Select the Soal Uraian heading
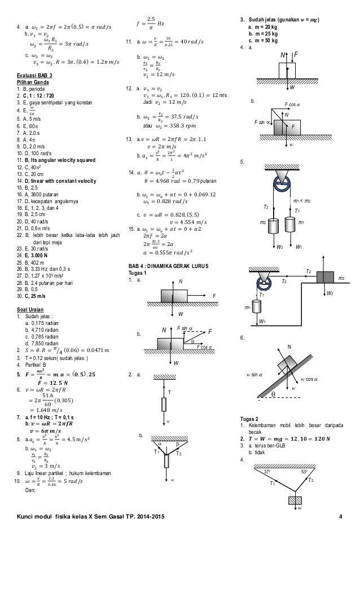(32, 310)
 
